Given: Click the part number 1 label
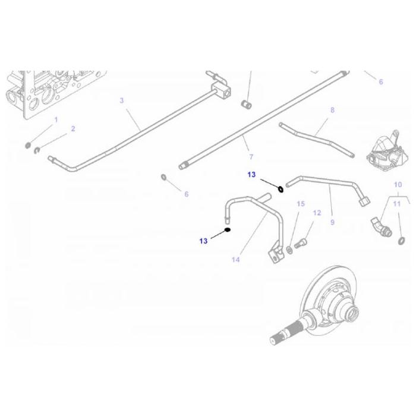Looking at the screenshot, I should coord(56,119).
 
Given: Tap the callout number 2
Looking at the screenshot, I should coord(73,128).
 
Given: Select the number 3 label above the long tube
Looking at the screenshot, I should coord(122,100).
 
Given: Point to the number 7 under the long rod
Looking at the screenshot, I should coord(251,157).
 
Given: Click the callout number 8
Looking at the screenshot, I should coord(332,110).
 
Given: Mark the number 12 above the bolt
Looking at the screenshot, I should coord(317,213).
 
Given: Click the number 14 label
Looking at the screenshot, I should coord(236,260).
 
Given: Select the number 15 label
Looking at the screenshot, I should coord(301,204).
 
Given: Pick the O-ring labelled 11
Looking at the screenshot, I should coord(403,239).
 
